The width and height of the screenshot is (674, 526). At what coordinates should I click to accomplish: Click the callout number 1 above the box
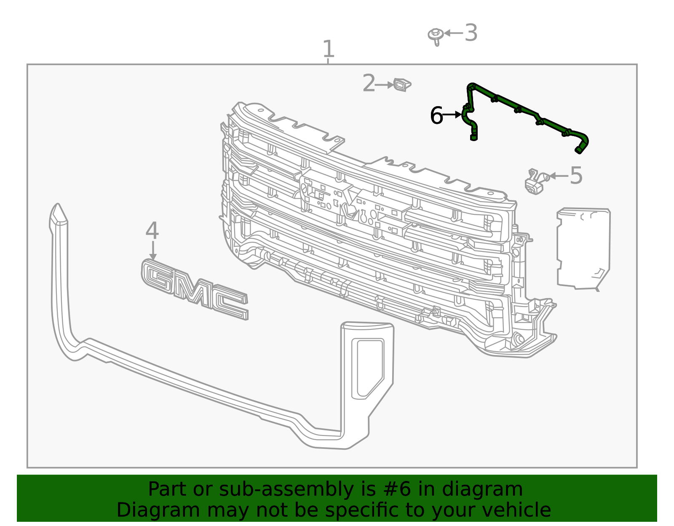(x=328, y=49)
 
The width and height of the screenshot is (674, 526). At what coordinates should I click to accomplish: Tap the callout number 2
(x=369, y=83)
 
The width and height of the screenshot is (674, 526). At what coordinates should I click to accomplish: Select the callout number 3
(x=471, y=33)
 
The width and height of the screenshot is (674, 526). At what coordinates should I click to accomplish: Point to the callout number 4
(x=152, y=231)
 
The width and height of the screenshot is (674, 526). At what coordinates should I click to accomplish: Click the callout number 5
(x=576, y=176)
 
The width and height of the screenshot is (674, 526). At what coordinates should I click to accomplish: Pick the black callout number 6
(x=436, y=115)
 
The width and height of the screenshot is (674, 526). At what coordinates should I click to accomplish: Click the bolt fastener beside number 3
(x=436, y=36)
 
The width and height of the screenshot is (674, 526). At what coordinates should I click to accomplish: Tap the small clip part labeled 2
(x=401, y=85)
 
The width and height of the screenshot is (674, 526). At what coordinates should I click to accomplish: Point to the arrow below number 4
(x=153, y=251)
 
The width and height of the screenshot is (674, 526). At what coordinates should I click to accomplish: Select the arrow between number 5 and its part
(x=558, y=176)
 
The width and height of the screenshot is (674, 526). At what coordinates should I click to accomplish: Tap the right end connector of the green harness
(x=580, y=149)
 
